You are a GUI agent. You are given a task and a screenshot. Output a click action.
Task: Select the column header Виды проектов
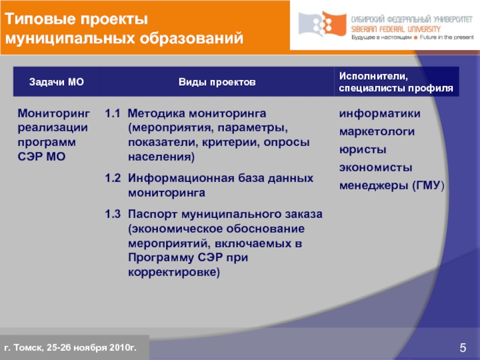(217, 82)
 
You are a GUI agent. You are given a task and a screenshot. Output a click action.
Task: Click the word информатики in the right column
(380, 113)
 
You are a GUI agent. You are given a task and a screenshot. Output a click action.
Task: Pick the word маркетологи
(378, 131)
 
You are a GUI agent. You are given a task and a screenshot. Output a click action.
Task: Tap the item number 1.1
(113, 113)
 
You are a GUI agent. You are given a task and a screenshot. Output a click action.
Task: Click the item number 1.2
(113, 179)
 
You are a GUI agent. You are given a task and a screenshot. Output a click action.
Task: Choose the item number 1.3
(113, 214)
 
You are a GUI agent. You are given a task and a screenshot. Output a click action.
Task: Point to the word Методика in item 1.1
(157, 113)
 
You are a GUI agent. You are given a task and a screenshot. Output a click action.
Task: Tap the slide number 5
(463, 347)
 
